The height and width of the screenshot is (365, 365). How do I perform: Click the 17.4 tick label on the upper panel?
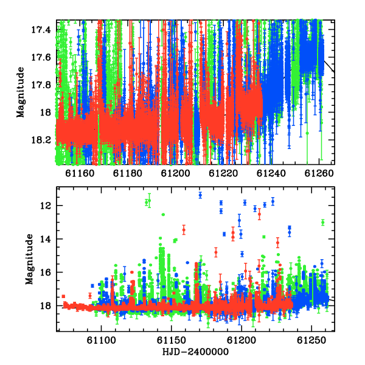[41, 30]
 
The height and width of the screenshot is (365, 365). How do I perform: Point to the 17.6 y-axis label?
[41, 57]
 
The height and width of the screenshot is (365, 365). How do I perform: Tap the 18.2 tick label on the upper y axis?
[41, 140]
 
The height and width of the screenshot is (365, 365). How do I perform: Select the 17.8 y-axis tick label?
[41, 85]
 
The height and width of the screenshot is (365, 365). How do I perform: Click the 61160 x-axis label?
[79, 173]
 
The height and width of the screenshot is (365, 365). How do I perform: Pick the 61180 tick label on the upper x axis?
[127, 173]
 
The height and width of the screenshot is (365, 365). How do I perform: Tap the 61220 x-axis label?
[223, 173]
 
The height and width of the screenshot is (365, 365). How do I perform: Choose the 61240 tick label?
[271, 173]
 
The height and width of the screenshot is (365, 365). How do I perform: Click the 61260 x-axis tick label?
[319, 173]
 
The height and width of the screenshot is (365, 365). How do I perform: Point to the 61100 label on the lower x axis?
[101, 340]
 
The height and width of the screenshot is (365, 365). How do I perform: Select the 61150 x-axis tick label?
[172, 340]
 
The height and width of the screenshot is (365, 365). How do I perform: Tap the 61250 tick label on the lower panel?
[311, 340]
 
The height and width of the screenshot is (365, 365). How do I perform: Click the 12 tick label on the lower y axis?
[46, 206]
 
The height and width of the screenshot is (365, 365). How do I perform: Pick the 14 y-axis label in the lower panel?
[46, 239]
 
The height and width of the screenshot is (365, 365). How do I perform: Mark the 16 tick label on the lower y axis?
[46, 272]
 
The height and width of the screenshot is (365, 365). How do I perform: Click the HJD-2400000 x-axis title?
[195, 352]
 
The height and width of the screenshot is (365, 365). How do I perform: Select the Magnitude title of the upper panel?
[21, 92]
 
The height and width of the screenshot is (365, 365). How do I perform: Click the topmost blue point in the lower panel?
[200, 195]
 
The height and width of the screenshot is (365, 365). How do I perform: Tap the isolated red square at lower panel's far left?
[63, 296]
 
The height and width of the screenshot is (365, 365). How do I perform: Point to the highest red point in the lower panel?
[259, 214]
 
